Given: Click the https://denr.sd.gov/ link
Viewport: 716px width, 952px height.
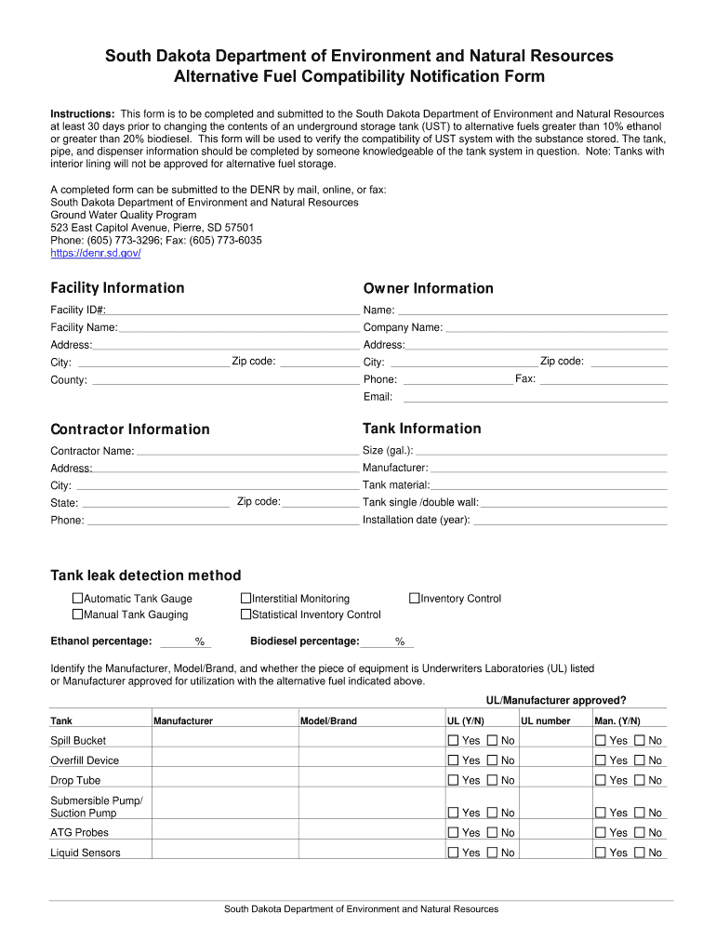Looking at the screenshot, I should [x=96, y=253].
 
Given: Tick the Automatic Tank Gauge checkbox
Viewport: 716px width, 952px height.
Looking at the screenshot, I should [x=78, y=599].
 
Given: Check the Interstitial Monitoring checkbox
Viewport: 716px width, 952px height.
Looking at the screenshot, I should [x=246, y=599].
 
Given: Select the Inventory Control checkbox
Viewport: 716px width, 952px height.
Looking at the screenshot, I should [x=415, y=599].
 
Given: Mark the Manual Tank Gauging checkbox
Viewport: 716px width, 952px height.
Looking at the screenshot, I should [x=78, y=615].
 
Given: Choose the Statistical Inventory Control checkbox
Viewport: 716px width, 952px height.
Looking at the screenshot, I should [x=246, y=615].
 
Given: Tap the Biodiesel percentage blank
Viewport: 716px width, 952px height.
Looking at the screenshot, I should [x=377, y=641].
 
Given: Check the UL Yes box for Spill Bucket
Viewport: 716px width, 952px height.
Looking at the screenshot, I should [x=454, y=741].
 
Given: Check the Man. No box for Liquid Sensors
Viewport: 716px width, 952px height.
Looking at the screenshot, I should [x=639, y=853].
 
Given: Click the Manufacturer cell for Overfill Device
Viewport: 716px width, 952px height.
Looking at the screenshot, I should [x=224, y=760].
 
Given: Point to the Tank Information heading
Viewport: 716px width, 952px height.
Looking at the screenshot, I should [x=422, y=429].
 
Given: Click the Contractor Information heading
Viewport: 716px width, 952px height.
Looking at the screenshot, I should [x=130, y=430].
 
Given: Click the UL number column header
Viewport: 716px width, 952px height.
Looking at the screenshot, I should [x=546, y=721].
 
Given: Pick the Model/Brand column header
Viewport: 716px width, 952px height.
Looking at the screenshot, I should [x=328, y=721].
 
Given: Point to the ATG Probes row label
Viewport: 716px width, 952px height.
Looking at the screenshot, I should [x=79, y=833].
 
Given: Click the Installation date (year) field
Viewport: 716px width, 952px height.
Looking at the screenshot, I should [x=570, y=521].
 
